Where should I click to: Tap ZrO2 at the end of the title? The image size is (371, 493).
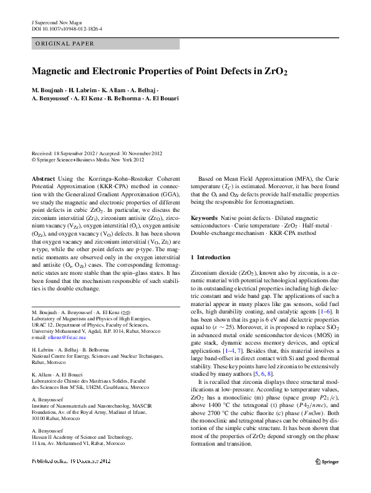pos(276,71)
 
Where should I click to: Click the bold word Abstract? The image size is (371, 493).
pos(42,179)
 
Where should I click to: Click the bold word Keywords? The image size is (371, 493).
pos(205,218)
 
